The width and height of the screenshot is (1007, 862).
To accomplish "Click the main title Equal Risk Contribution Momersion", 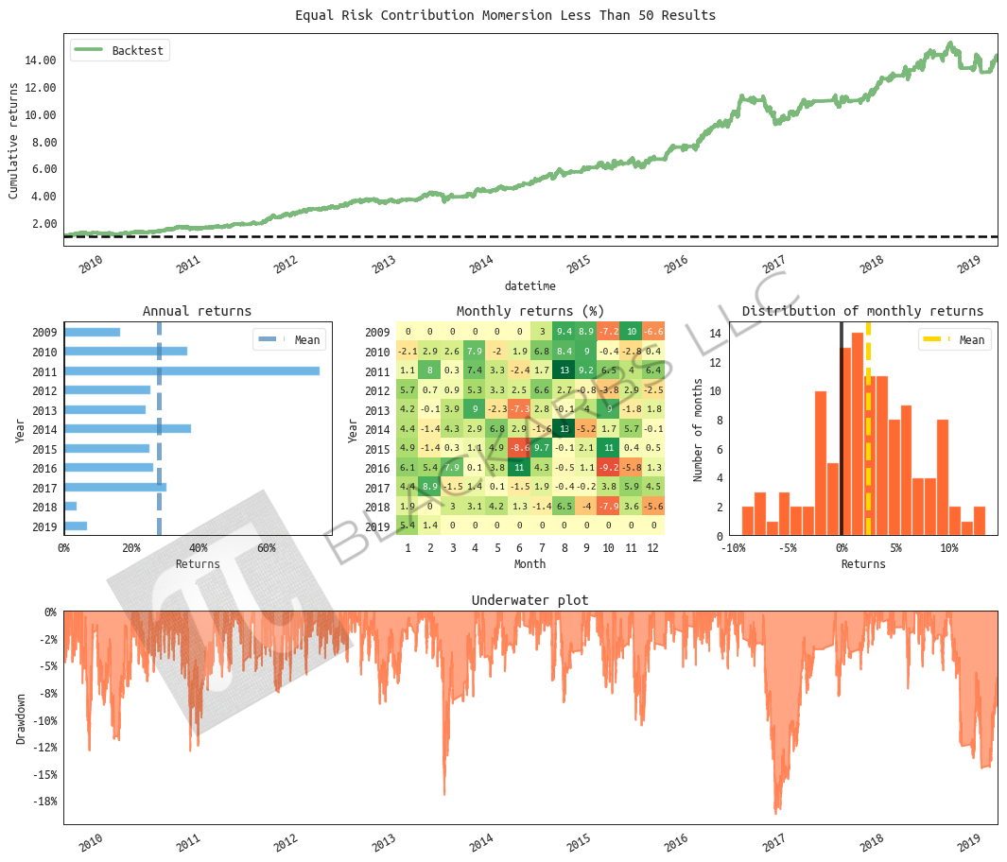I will click(x=505, y=15).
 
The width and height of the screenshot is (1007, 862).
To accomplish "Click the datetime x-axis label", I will click(x=530, y=285).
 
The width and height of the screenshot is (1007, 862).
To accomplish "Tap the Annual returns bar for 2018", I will click(x=71, y=507).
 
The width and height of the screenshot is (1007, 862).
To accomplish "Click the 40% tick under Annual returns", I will click(x=199, y=548).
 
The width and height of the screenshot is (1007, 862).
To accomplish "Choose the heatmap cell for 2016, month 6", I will click(x=518, y=467).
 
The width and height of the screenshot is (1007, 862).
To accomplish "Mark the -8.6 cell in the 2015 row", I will click(x=518, y=448).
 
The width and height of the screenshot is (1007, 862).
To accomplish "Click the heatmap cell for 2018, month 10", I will click(x=608, y=507).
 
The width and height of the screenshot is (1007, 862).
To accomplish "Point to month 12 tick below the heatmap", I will click(x=653, y=548).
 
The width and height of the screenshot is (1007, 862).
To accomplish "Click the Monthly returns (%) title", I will click(x=530, y=311).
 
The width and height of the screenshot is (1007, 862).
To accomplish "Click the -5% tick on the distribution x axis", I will click(x=788, y=548).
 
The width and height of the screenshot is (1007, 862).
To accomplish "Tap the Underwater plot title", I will click(x=530, y=600).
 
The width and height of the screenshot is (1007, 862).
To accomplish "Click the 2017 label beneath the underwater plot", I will click(x=774, y=839).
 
